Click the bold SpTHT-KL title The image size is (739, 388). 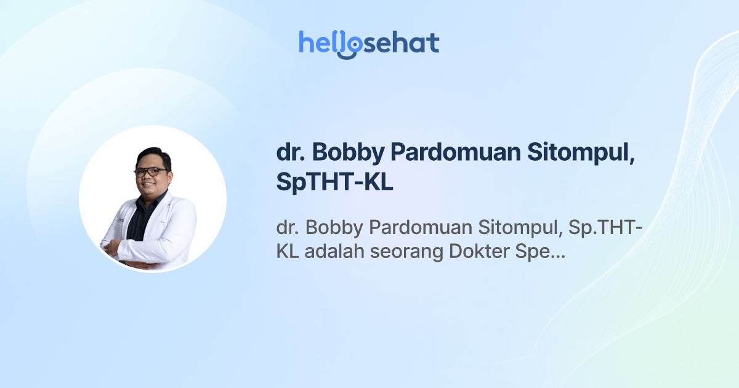click(334, 184)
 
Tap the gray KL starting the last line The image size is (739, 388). click(287, 253)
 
